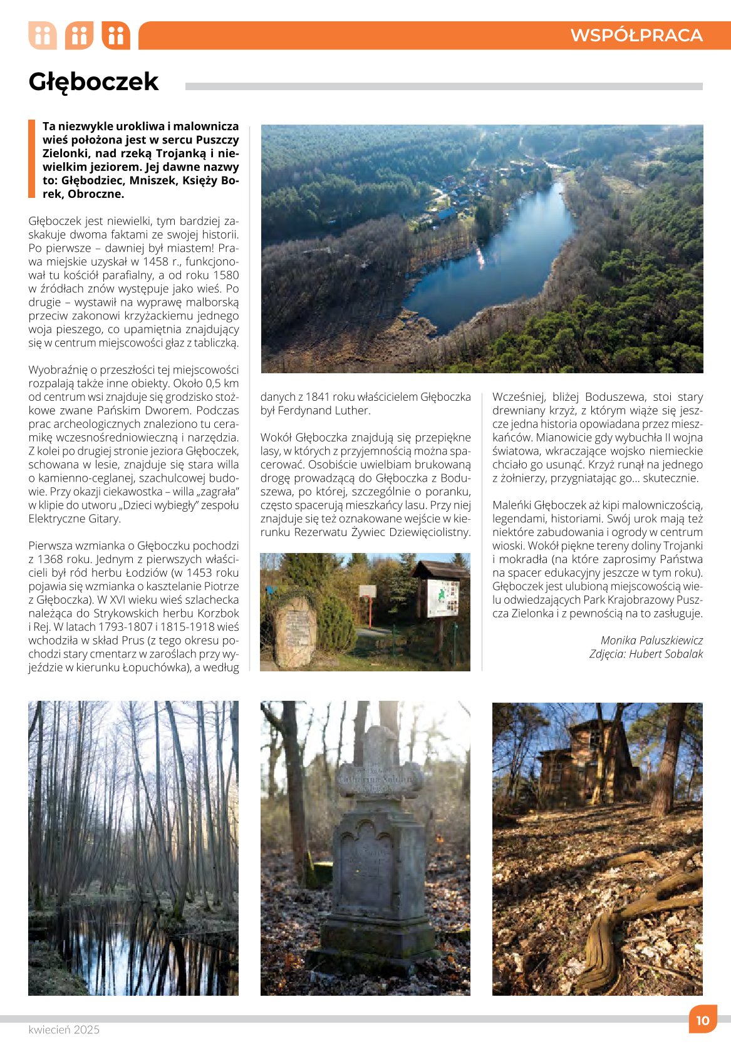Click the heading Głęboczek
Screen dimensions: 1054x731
tap(94, 82)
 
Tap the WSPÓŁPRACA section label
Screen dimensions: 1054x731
tap(636, 36)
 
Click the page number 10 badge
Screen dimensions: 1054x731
tap(703, 1020)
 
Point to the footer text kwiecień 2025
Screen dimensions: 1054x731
tap(64, 1030)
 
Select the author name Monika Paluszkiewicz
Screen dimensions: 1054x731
tap(651, 640)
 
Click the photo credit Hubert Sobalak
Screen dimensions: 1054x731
tap(666, 654)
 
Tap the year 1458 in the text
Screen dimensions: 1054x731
tap(156, 261)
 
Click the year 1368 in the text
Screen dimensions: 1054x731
tap(51, 559)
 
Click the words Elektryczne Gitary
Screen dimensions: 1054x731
tap(75, 519)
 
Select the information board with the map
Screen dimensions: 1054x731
tap(443, 598)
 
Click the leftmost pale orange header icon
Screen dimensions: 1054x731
tap(43, 36)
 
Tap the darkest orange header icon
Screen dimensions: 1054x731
tap(116, 36)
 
